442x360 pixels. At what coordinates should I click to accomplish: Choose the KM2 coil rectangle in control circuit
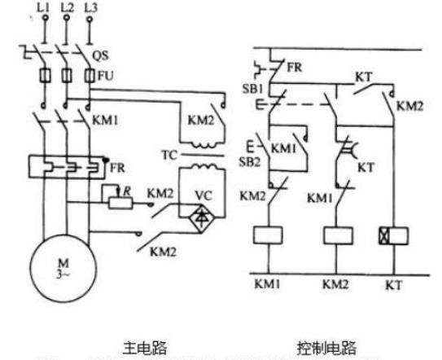pos(335,235)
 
